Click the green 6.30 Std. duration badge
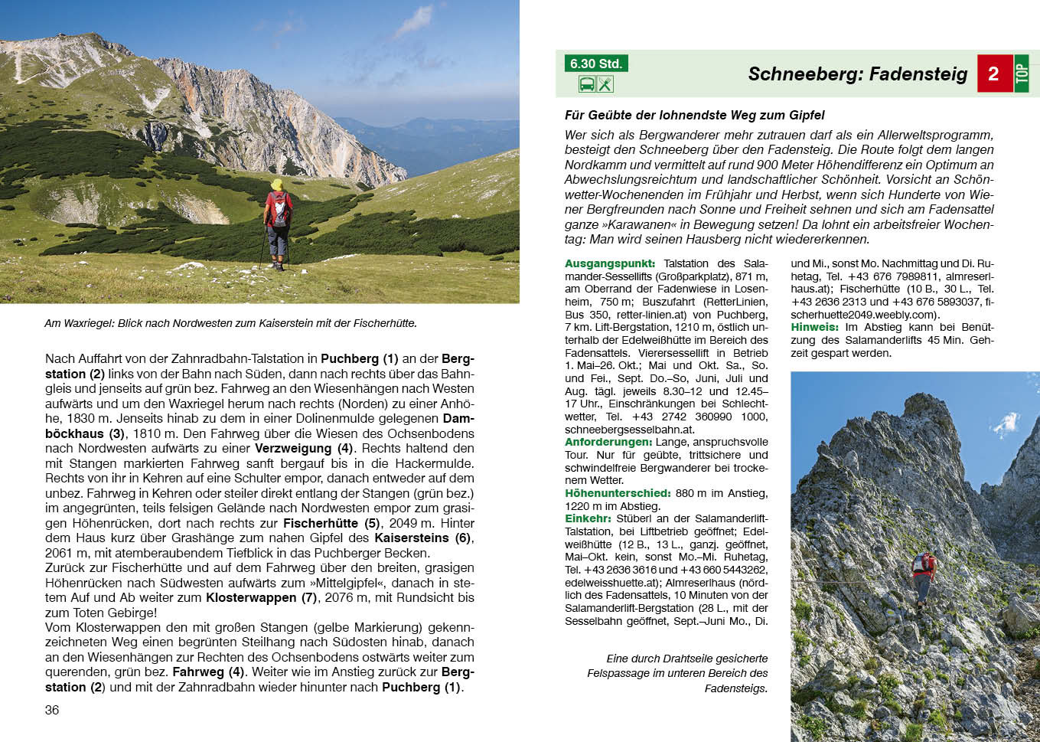click(595, 64)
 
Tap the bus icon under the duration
click(587, 84)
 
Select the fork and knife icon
click(605, 84)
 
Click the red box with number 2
click(993, 74)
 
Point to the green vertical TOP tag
click(1022, 74)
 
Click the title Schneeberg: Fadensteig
click(857, 74)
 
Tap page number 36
click(52, 710)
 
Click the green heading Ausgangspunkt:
click(610, 263)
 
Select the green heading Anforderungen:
click(608, 442)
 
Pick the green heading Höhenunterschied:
click(618, 493)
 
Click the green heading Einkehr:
click(588, 518)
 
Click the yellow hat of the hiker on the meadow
click(276, 185)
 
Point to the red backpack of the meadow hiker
click(279, 208)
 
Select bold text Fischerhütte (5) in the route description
click(331, 523)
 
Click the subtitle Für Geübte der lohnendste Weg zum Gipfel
click(694, 115)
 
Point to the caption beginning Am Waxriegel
click(230, 323)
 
